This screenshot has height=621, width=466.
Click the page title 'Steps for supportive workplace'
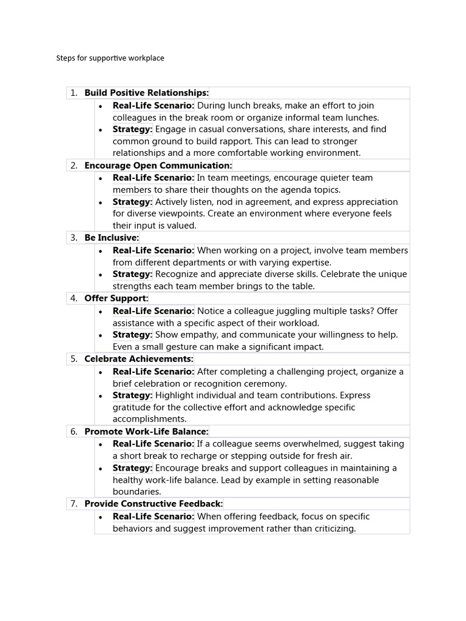tap(110, 58)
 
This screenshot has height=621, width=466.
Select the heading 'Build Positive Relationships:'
tap(146, 93)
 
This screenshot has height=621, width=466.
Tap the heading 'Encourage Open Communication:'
tap(158, 166)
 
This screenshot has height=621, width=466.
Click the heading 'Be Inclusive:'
tap(112, 238)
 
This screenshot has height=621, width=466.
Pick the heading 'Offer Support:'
tap(116, 298)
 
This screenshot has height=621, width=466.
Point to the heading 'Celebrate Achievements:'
tap(138, 359)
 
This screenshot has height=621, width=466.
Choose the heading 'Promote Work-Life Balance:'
tap(146, 432)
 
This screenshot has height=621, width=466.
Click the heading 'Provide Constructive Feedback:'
tap(154, 504)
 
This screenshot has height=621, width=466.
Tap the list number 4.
tap(73, 298)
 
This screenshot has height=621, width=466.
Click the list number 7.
tap(73, 504)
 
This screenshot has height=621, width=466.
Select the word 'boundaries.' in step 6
tap(137, 492)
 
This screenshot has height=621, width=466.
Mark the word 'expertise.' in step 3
tap(307, 263)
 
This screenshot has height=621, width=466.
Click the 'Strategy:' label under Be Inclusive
tap(132, 274)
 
